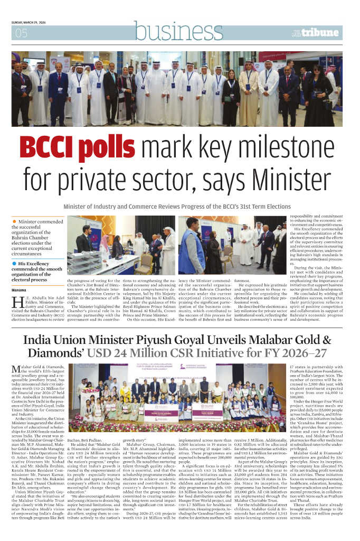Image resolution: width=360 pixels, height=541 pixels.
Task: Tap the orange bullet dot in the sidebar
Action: (x=15, y=221)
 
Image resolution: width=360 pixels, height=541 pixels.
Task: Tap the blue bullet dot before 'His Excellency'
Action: (x=15, y=263)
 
